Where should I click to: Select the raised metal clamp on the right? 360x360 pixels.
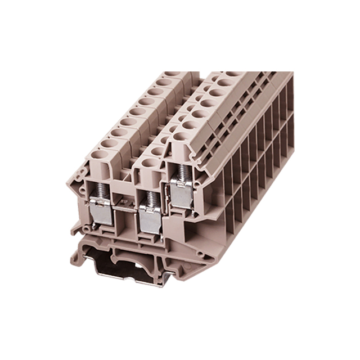[182, 193]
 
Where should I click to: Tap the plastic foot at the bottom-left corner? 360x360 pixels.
[75, 228]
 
